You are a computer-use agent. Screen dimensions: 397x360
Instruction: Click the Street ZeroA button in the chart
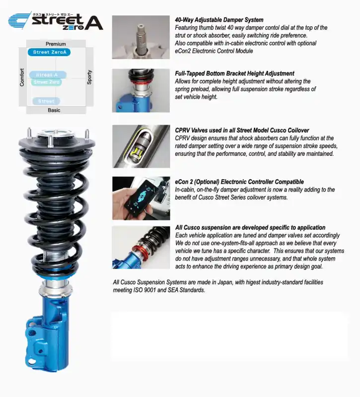tap(48, 52)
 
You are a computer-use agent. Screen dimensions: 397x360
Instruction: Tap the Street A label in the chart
tap(48, 75)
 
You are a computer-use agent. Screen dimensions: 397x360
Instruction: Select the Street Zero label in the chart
tap(47, 82)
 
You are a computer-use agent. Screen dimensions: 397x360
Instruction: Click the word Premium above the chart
tap(56, 44)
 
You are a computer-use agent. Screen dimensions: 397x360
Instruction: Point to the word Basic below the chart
tap(54, 110)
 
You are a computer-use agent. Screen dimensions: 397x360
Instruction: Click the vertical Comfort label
tap(22, 77)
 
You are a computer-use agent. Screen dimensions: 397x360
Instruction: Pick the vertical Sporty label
tap(89, 77)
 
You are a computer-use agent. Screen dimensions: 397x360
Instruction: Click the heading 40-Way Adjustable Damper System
tap(219, 20)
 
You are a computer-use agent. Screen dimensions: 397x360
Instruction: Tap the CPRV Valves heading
tap(242, 131)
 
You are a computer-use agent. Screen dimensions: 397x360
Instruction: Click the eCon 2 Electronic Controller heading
tap(239, 182)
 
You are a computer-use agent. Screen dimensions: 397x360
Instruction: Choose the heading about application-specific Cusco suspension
tap(250, 228)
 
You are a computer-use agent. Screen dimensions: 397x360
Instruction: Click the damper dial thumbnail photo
tap(141, 37)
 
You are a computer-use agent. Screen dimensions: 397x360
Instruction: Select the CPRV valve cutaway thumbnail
tap(141, 146)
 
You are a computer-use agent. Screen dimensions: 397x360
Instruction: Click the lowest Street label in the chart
tap(46, 101)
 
